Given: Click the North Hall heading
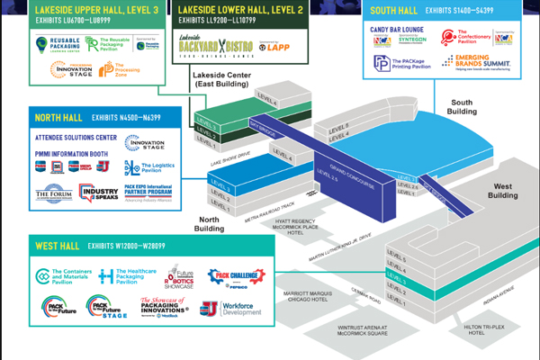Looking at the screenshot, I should [x=60, y=118].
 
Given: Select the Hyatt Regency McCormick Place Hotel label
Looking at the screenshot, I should [x=314, y=232].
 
